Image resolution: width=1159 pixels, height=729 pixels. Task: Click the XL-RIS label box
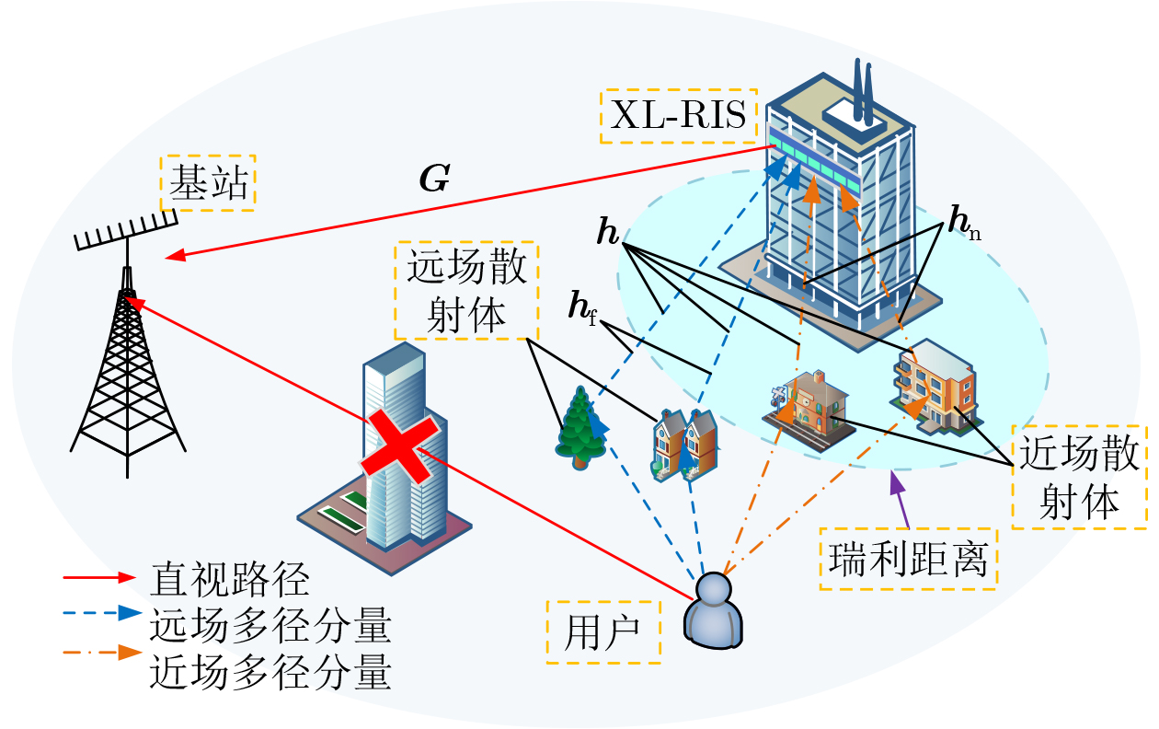coord(679,116)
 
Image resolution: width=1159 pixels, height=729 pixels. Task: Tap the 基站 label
coord(208,182)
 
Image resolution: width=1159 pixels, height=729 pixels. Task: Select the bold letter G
coord(433,180)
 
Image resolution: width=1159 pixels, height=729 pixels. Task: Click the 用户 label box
coord(603,632)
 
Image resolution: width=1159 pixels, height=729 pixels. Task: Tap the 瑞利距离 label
coord(909,559)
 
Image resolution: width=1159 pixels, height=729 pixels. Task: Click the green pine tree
coord(580,425)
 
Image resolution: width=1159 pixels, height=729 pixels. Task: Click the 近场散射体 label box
coord(1078,477)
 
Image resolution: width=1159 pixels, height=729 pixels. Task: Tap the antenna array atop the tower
coord(125,229)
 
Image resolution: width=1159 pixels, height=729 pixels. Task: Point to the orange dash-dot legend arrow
coord(101,654)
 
